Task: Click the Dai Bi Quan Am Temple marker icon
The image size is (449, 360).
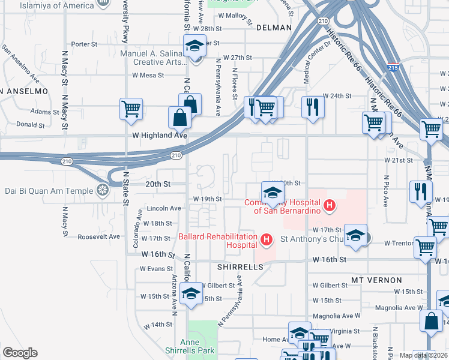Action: (x=103, y=191)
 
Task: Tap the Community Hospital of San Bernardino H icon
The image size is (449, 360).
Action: (x=328, y=206)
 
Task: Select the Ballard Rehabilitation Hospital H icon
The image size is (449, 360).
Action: (x=267, y=240)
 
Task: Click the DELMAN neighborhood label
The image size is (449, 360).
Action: (x=274, y=28)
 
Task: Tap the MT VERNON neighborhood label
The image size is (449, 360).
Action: (x=376, y=280)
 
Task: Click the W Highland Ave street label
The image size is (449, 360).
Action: (x=160, y=136)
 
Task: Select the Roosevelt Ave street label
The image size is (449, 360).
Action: (x=99, y=237)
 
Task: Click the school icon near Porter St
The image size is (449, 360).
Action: (x=194, y=46)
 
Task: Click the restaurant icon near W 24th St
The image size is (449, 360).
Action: (x=312, y=107)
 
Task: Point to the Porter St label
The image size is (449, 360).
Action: (x=84, y=44)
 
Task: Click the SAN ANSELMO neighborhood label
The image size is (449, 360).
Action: (x=24, y=91)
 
